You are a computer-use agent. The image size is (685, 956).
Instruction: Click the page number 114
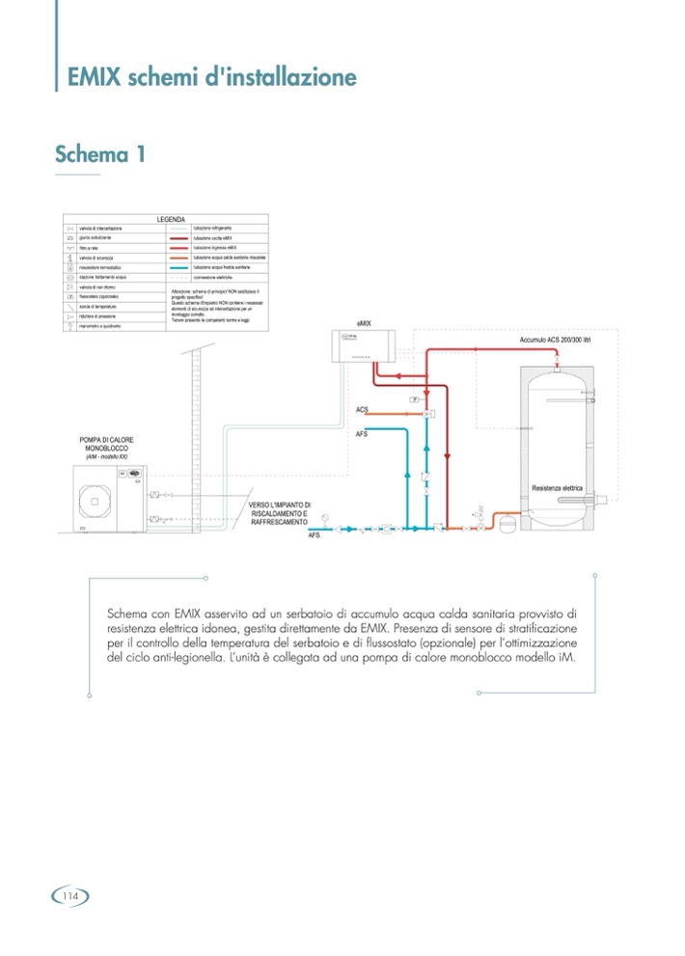click(x=69, y=897)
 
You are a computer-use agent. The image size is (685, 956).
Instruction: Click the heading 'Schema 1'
click(x=100, y=153)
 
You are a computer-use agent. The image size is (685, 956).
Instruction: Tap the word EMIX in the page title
click(x=95, y=77)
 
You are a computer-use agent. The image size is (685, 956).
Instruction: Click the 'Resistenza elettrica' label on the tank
click(x=559, y=489)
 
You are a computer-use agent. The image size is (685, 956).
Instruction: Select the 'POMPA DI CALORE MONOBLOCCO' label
click(x=107, y=446)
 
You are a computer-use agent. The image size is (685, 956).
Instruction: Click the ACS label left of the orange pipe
click(x=362, y=410)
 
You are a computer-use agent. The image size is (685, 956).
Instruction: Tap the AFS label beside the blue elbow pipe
click(x=362, y=433)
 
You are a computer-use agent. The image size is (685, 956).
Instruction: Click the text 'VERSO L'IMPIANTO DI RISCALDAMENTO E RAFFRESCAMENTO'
click(x=280, y=510)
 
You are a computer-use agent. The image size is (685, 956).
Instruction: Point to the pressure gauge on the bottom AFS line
click(x=326, y=515)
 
